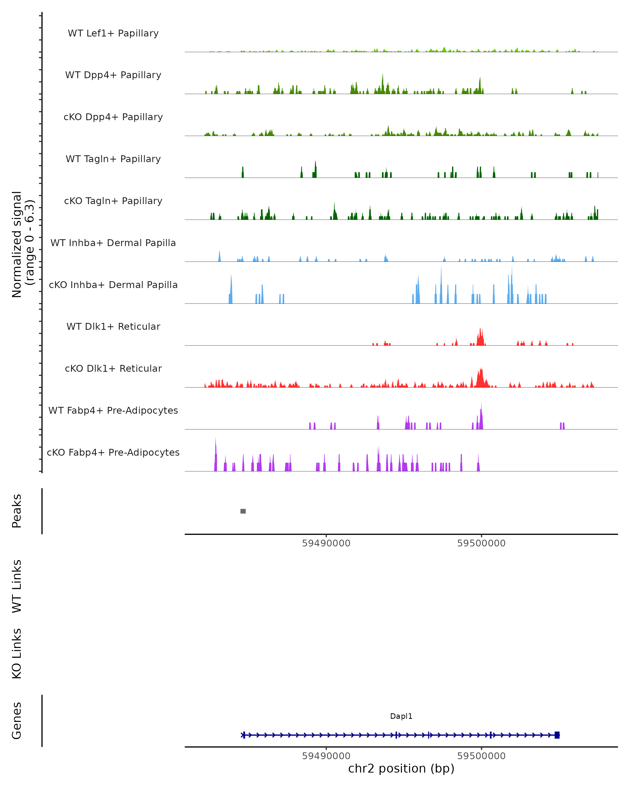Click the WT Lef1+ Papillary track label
113,33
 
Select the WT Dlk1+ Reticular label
113,326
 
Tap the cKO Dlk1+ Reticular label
113,368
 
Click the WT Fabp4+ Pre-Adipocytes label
113,410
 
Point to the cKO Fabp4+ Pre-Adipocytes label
113,452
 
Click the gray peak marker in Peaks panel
243,511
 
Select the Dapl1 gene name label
401,716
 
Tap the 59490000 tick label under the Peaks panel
326,543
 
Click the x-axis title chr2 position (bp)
401,768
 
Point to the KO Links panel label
17,653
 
